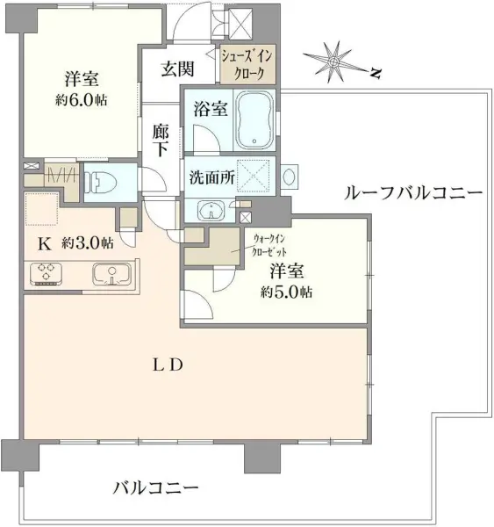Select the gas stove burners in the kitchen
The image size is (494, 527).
[47, 274]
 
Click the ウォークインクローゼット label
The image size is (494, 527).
[268, 244]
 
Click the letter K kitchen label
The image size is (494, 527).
[40, 242]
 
